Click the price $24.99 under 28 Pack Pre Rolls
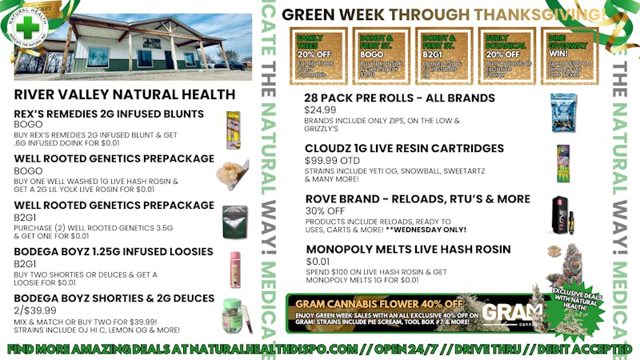pyautogui.click(x=320, y=110)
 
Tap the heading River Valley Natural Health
pyautogui.click(x=106, y=95)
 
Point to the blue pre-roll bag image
pyautogui.click(x=562, y=113)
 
